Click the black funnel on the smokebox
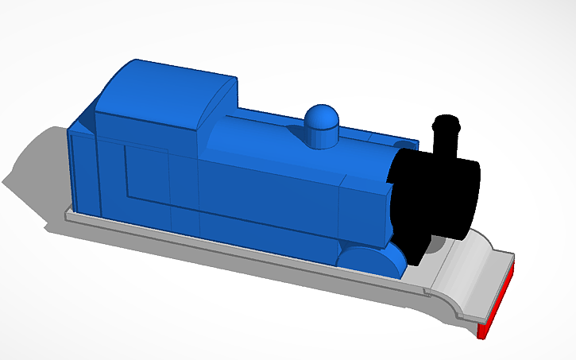point(443,143)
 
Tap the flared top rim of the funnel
point(446,122)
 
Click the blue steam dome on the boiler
point(322,126)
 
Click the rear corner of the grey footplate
point(68,214)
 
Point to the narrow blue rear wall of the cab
point(80,171)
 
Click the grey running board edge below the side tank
point(238,258)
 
